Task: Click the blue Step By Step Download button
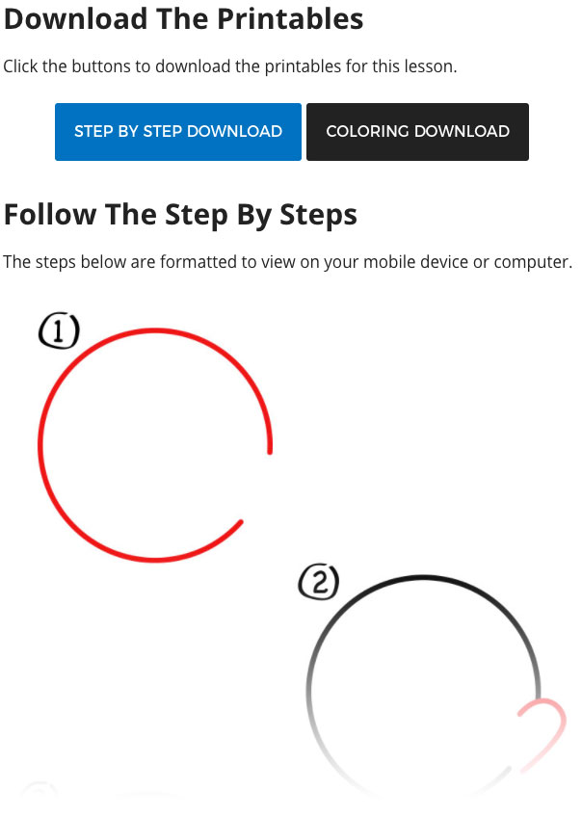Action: [178, 132]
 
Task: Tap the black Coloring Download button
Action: [417, 132]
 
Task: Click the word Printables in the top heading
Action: [290, 19]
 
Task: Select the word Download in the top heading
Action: [75, 19]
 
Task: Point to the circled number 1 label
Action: [59, 331]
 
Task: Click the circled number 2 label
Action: [319, 581]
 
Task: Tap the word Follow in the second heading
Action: [50, 215]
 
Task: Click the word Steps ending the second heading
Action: [318, 216]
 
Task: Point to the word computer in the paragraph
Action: [533, 263]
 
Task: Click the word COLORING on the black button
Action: [367, 131]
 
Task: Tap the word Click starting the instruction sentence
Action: [20, 66]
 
